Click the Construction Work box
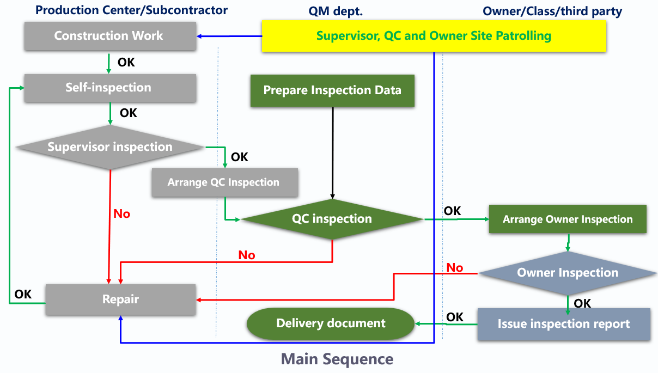tap(110, 36)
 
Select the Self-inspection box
tap(110, 88)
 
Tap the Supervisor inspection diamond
tap(110, 147)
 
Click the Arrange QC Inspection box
tap(225, 182)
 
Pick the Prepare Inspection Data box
tap(332, 90)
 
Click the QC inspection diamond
tap(332, 219)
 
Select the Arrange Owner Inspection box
tap(568, 219)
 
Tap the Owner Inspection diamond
tap(568, 273)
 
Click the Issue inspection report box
tap(564, 324)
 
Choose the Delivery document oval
tap(331, 323)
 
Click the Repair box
tap(120, 299)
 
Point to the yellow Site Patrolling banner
tap(434, 36)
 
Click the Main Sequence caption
tap(337, 359)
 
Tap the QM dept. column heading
tap(336, 11)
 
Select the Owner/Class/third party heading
tap(552, 11)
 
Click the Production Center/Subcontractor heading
tap(131, 10)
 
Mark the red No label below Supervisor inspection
tap(121, 213)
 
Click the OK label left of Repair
tap(23, 294)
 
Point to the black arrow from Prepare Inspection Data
tap(332, 152)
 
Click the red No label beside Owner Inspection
tap(454, 267)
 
